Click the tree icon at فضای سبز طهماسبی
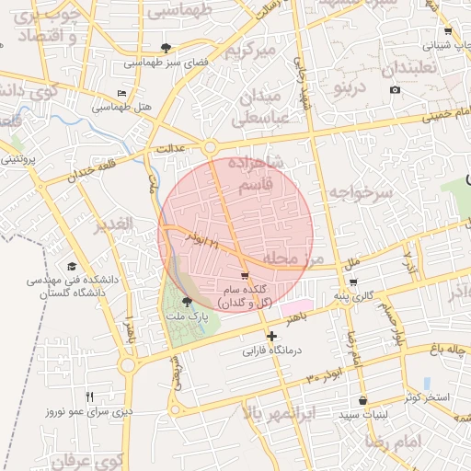click(166, 47)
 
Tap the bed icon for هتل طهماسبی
click(122, 93)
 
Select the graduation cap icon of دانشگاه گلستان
click(71, 265)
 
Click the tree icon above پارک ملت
click(188, 301)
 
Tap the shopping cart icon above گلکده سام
click(244, 275)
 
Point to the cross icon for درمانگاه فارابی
click(270, 337)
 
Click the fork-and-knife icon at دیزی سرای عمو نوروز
click(89, 396)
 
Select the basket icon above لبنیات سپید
click(364, 401)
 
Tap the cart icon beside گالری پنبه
click(354, 282)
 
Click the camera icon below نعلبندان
click(396, 89)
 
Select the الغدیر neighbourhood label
click(114, 224)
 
